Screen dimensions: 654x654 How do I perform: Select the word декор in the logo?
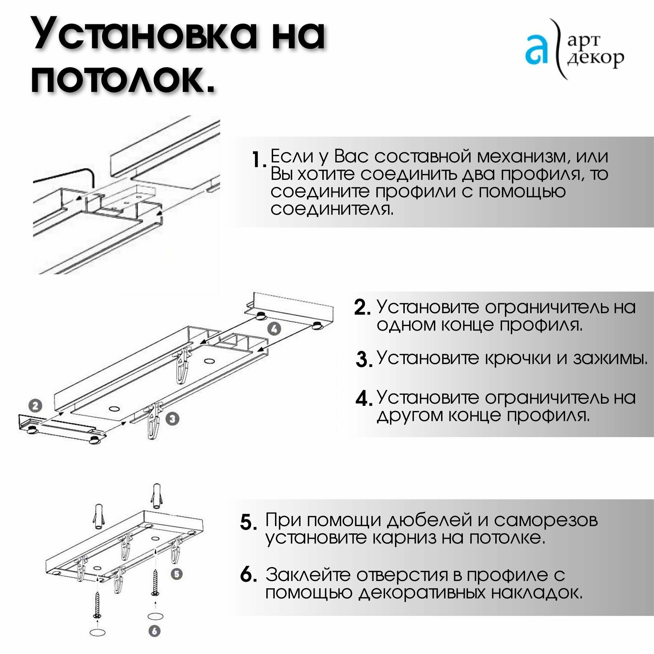596,58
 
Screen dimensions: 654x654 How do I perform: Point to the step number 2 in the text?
362,308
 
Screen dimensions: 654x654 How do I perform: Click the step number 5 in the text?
249,522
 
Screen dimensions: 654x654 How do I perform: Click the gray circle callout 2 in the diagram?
35,405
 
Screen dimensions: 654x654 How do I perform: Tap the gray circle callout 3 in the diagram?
173,419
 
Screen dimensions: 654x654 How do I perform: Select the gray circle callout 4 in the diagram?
274,329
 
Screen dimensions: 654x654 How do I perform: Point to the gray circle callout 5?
177,574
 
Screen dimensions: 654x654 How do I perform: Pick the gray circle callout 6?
154,631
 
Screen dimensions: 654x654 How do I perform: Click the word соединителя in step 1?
332,209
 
